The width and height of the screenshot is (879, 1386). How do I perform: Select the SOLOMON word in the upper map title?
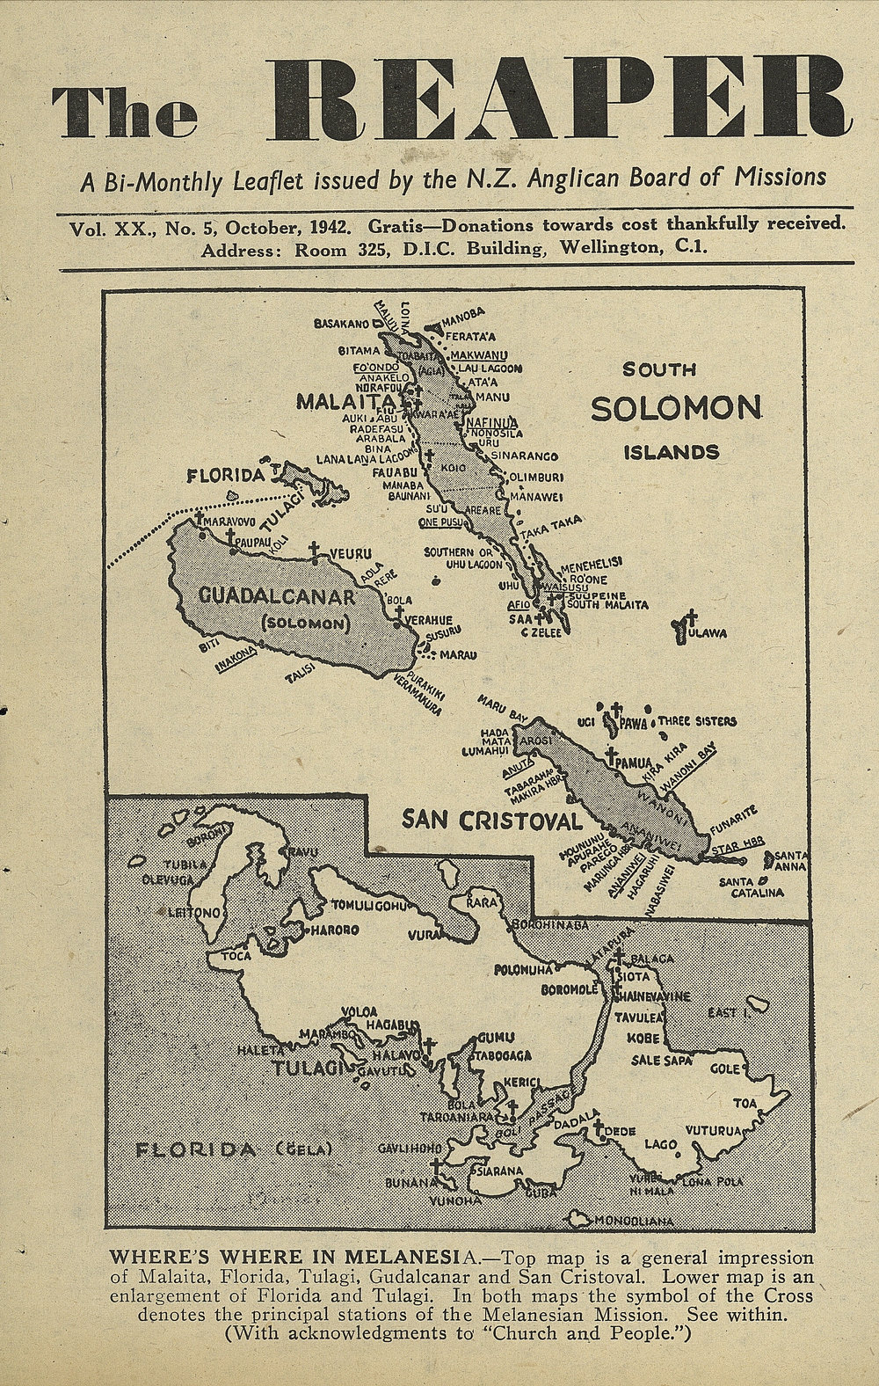click(x=675, y=408)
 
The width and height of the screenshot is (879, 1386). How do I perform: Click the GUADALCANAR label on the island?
click(x=276, y=598)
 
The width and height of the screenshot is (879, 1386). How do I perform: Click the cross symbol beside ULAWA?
click(x=692, y=618)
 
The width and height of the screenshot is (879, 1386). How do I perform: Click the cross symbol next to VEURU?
click(x=314, y=551)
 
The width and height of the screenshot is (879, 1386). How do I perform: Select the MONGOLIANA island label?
click(x=633, y=1222)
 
